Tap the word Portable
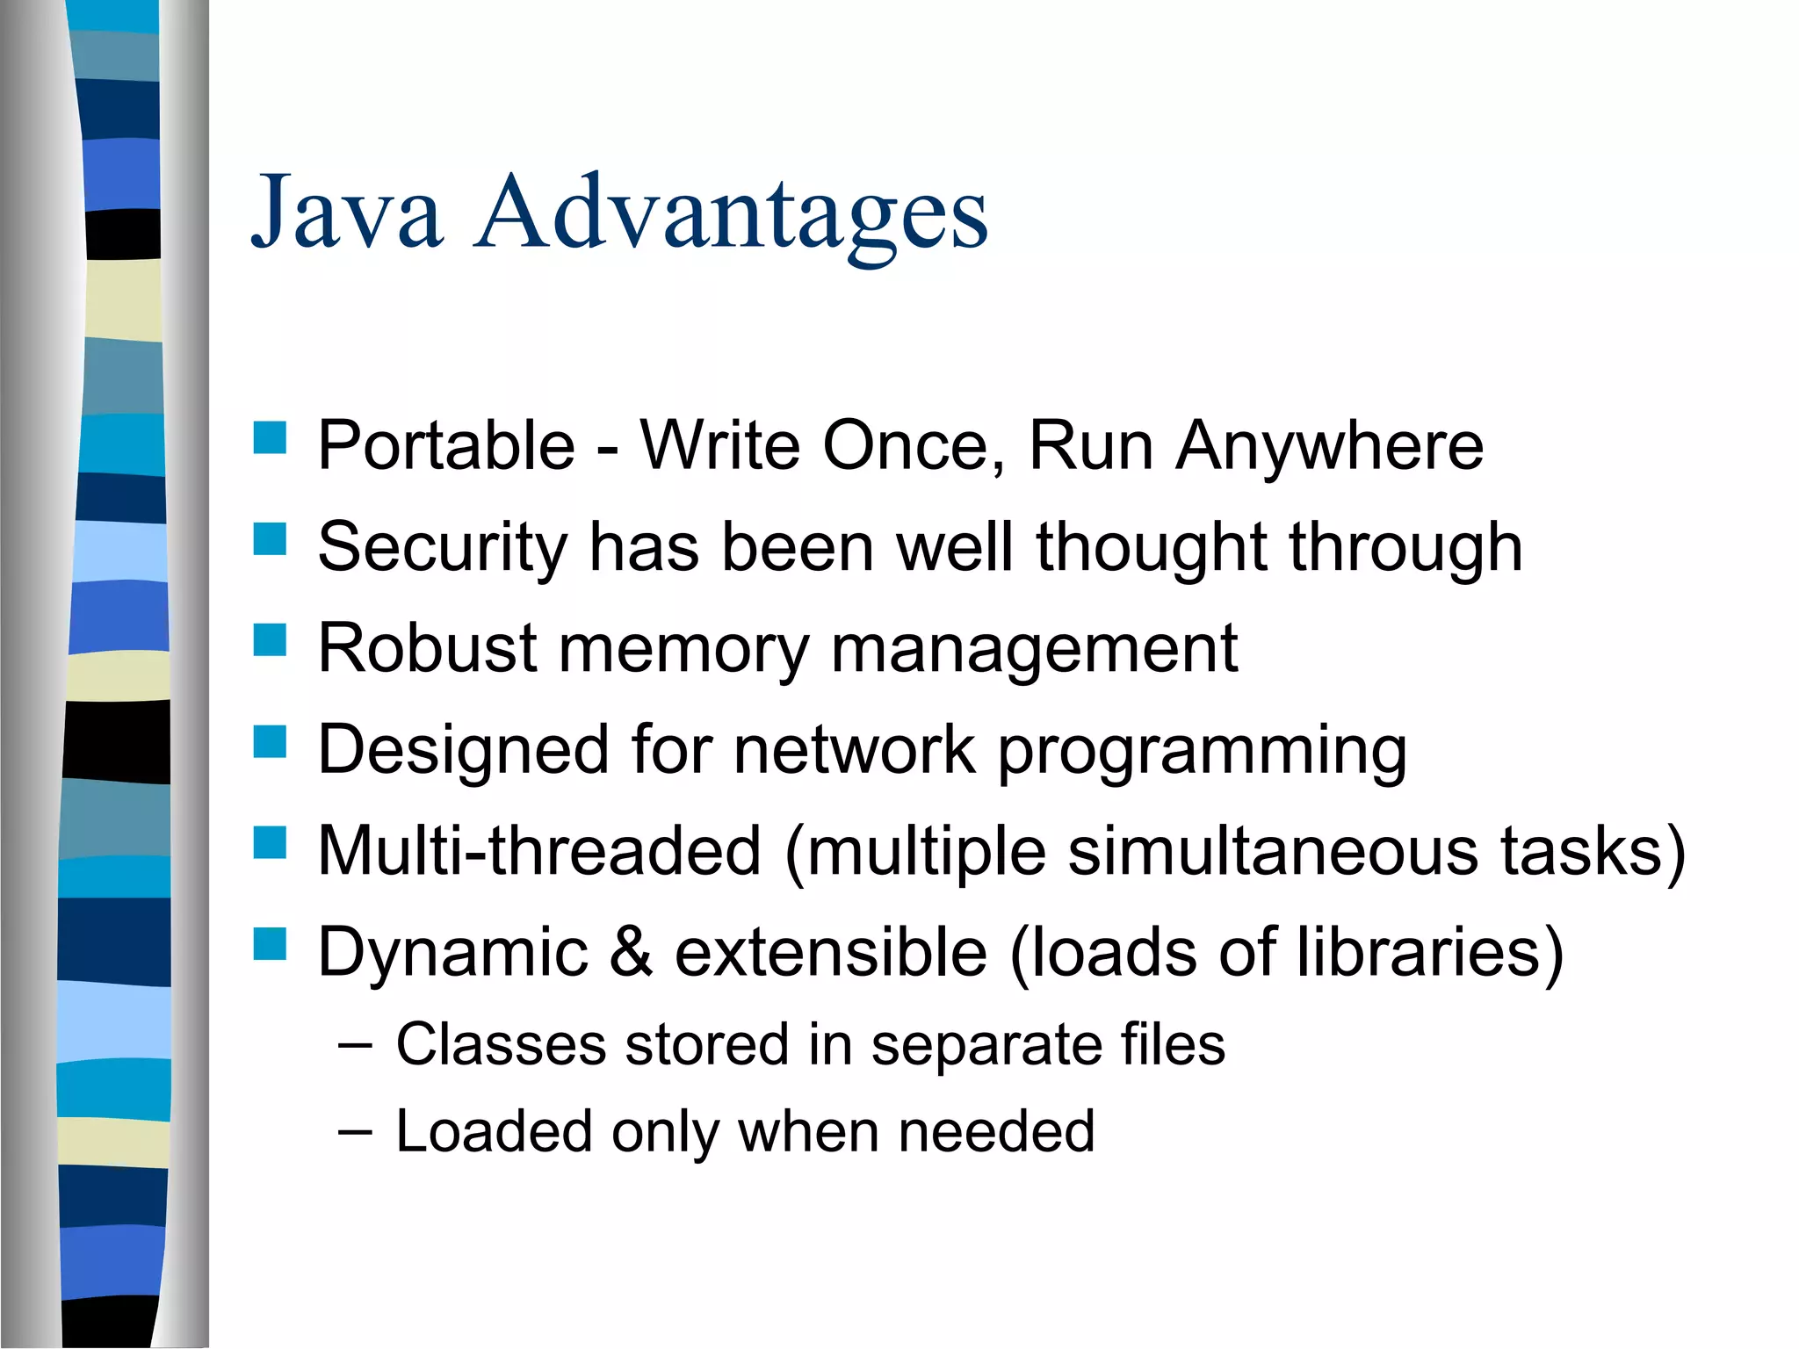446,445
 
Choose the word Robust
427,648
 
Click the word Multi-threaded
539,851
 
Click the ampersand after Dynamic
631,952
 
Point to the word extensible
830,952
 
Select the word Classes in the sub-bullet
501,1045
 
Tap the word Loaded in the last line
493,1131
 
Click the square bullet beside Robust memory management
270,640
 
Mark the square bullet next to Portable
270,437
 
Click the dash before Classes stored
354,1045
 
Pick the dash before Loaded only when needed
354,1131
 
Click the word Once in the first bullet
913,446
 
